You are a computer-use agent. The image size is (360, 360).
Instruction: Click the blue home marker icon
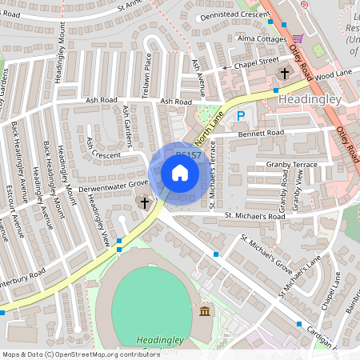[x=180, y=173]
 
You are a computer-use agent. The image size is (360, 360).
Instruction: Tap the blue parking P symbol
[x=241, y=117]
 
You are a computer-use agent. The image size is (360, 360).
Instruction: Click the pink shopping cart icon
[x=298, y=38]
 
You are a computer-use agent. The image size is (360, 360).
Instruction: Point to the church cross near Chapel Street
[x=284, y=74]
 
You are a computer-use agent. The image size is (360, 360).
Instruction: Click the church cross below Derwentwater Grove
[x=145, y=203]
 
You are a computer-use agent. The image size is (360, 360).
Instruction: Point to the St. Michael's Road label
[x=254, y=216]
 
